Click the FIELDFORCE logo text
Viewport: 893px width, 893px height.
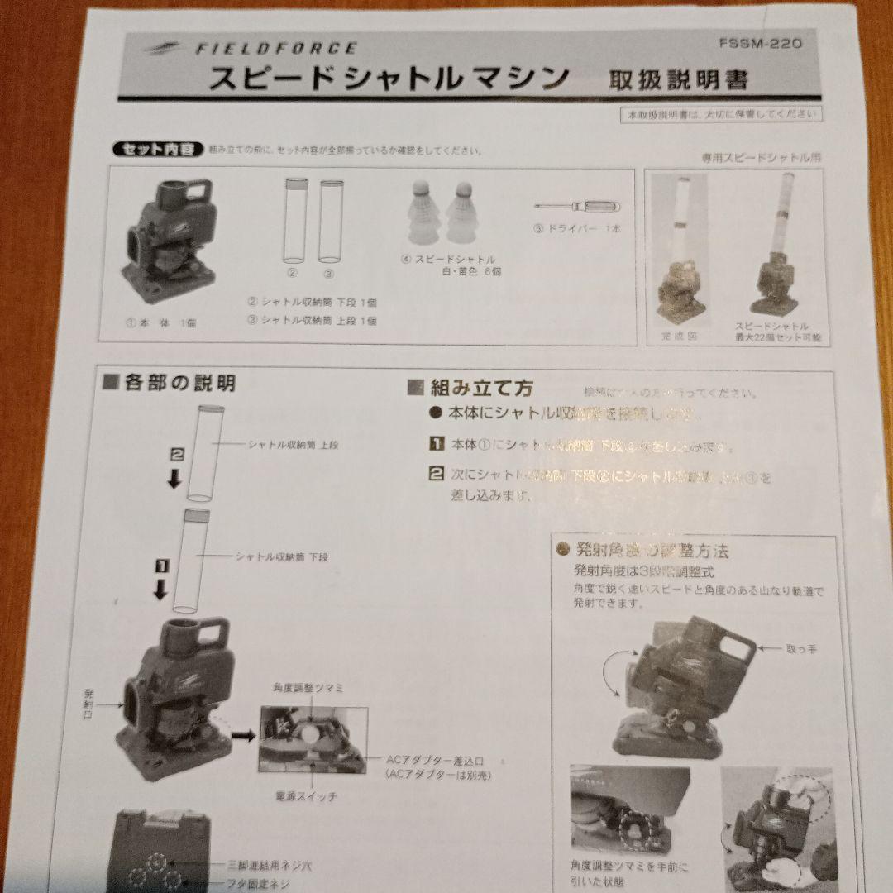tap(276, 49)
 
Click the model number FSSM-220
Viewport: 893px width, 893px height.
tap(762, 43)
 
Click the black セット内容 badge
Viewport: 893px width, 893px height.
tap(155, 150)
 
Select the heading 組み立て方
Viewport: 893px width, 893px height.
tap(471, 388)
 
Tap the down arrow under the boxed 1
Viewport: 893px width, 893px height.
tap(162, 590)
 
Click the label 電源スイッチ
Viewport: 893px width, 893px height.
tap(307, 797)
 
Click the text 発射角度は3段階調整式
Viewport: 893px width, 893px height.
tap(644, 571)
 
